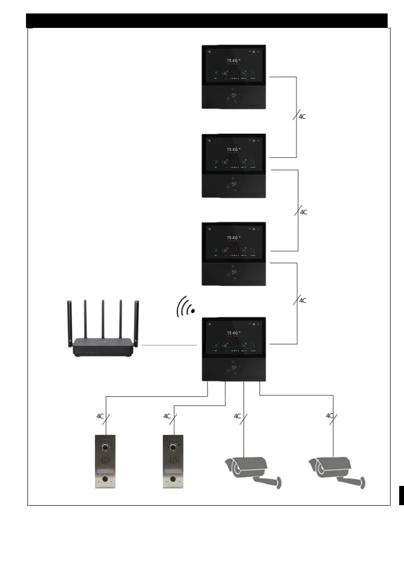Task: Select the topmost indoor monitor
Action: click(233, 76)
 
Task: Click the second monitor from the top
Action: click(233, 166)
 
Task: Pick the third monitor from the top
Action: click(233, 254)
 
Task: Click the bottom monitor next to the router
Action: click(233, 349)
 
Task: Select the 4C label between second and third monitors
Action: click(304, 212)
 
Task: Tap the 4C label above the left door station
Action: click(99, 416)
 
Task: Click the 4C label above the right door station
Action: click(167, 416)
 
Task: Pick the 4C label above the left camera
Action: click(237, 416)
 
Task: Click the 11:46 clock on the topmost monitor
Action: click(233, 61)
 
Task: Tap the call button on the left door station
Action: click(105, 480)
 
